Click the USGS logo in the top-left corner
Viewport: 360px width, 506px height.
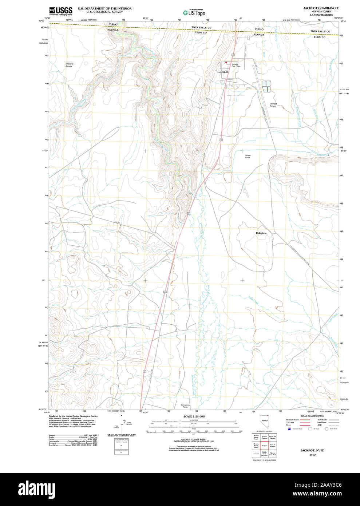tap(61, 11)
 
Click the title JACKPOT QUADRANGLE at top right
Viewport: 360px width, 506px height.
tap(321, 8)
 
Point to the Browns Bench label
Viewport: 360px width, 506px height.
tap(69, 65)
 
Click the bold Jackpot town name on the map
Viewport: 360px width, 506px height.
tap(223, 72)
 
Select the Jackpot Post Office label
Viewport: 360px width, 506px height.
tap(236, 65)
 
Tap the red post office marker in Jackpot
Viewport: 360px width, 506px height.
tap(226, 63)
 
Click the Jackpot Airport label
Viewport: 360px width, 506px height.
tap(273, 105)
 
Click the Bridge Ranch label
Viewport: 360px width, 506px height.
tap(248, 157)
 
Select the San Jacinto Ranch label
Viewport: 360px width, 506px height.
tap(185, 406)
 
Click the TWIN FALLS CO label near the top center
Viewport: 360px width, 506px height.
tap(201, 28)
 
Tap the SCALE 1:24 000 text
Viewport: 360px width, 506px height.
tap(194, 416)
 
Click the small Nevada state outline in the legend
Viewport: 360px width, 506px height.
tap(264, 422)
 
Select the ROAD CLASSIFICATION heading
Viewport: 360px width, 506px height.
tap(312, 416)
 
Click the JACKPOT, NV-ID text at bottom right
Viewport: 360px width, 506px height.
tap(312, 451)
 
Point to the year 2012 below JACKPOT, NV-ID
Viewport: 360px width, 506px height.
tap(312, 455)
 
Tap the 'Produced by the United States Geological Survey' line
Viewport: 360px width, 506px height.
tap(73, 416)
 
